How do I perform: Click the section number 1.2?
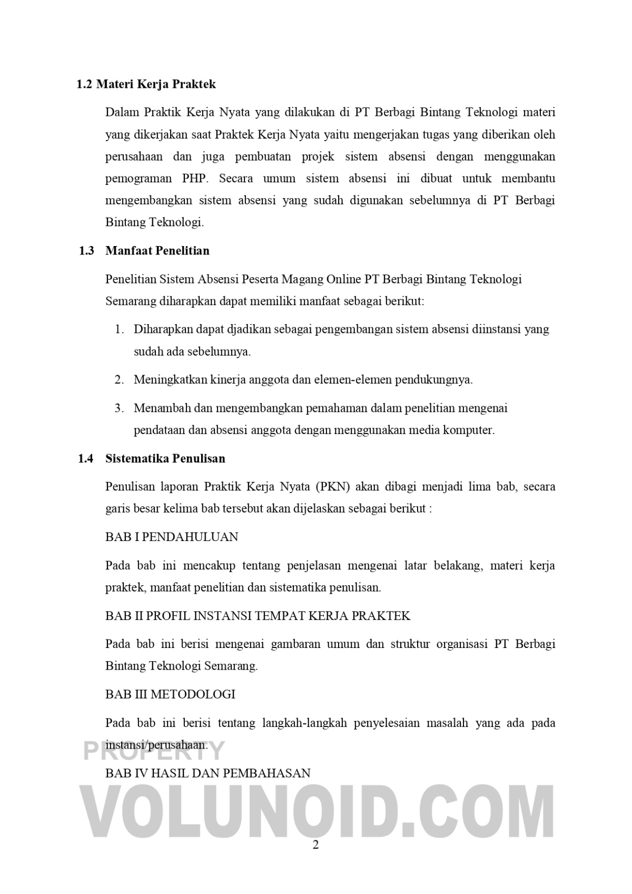[x=84, y=84]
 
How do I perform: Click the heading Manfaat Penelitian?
[x=157, y=251]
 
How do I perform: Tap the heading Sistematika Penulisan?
[x=165, y=459]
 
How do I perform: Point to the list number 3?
[x=120, y=408]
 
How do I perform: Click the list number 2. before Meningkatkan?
[x=120, y=380]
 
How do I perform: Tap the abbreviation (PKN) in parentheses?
[x=333, y=486]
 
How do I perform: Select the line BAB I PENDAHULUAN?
[x=172, y=537]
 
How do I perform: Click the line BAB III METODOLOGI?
[x=170, y=694]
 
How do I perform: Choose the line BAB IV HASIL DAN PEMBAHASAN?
[x=208, y=773]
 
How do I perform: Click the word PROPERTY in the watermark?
[x=154, y=751]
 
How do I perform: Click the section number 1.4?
[x=86, y=459]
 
